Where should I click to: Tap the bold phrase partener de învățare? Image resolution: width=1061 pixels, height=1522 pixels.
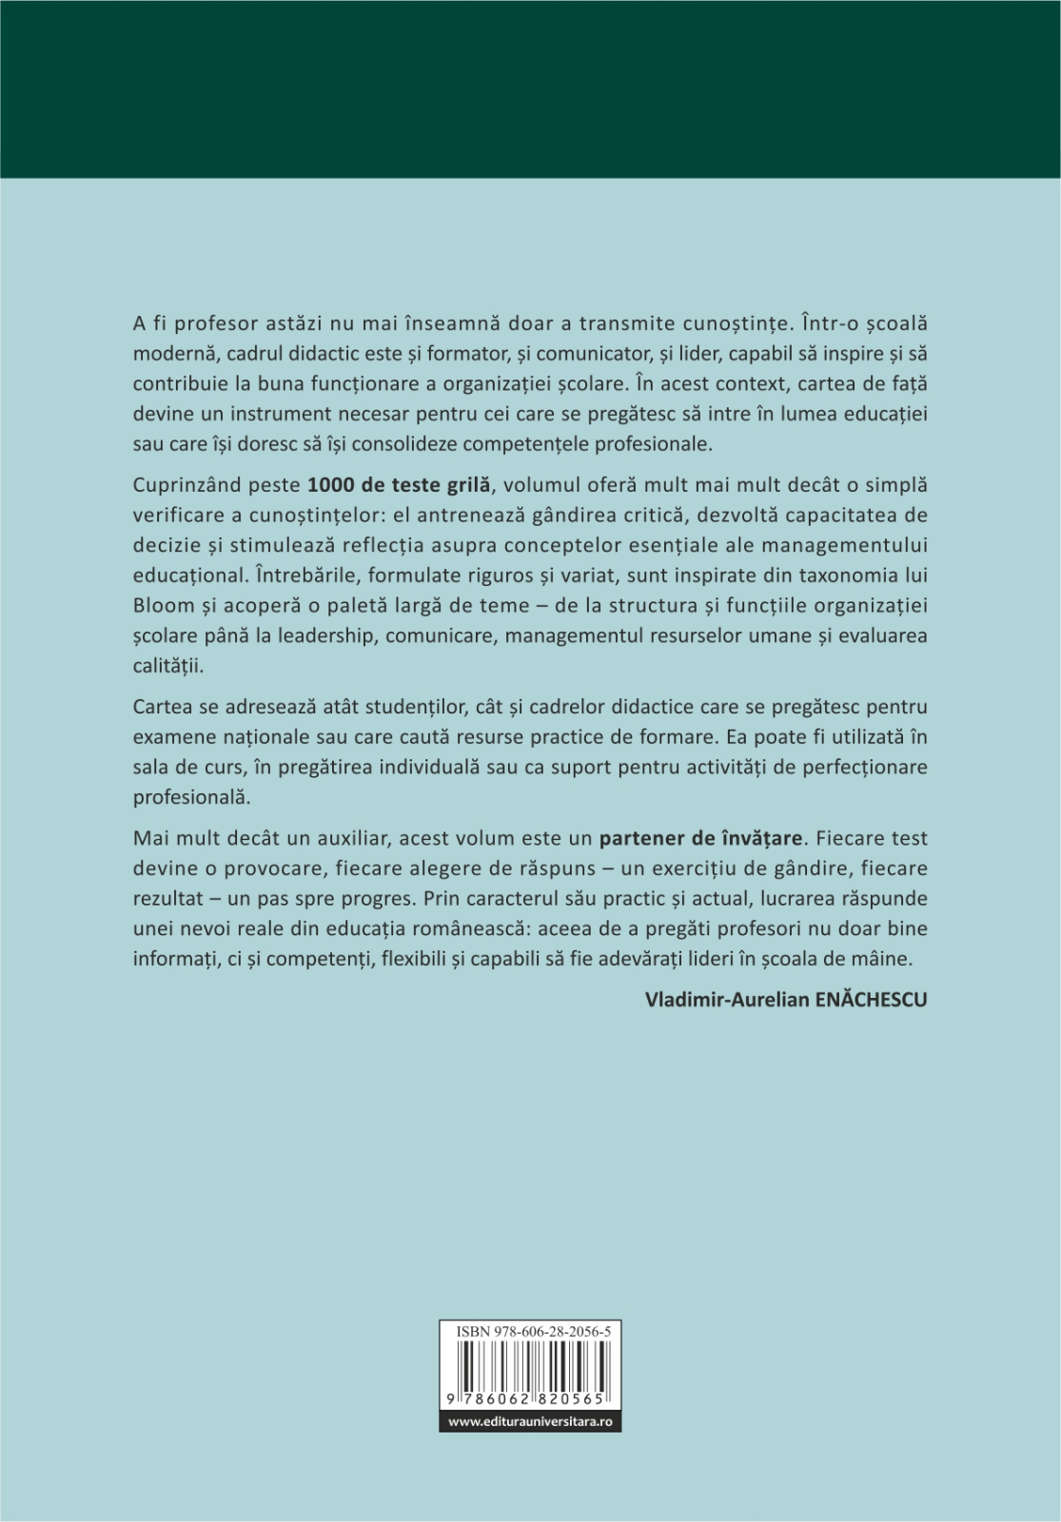click(701, 838)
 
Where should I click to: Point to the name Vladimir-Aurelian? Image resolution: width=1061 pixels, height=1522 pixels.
click(727, 1000)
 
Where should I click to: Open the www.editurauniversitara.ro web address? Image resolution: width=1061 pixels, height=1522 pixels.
click(530, 1421)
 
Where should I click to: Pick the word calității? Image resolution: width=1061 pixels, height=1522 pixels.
click(168, 665)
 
